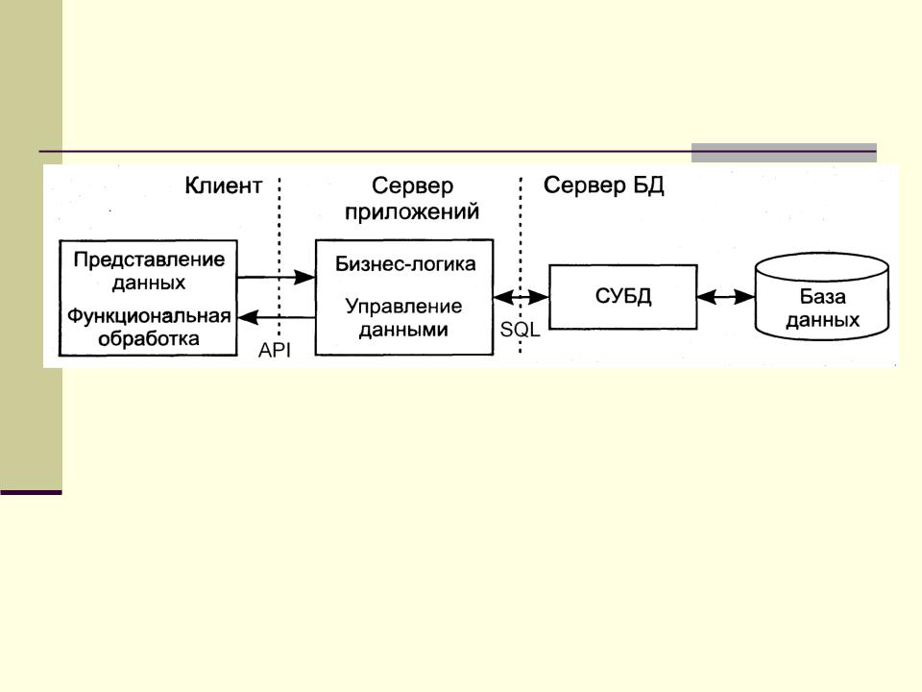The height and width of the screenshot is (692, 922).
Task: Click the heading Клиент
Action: (223, 186)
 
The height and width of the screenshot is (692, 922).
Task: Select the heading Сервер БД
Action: (603, 185)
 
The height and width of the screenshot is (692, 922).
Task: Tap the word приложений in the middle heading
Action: (412, 211)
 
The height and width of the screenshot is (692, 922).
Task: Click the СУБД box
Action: (622, 296)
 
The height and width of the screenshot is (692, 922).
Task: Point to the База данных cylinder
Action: (822, 298)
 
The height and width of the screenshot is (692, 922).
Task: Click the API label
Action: (274, 351)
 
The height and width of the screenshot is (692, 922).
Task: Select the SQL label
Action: (521, 329)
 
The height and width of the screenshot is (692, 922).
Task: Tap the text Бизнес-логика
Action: (405, 262)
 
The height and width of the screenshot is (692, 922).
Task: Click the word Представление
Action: (149, 259)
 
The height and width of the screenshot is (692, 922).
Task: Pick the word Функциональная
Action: (149, 316)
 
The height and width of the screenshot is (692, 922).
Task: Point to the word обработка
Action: (148, 338)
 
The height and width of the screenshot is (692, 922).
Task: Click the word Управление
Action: (403, 307)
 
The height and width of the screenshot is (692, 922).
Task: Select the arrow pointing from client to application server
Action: (277, 277)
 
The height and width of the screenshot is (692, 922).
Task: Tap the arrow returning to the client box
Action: (277, 318)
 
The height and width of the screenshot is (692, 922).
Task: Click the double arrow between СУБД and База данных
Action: (726, 297)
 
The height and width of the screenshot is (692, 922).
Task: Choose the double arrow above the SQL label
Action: (521, 298)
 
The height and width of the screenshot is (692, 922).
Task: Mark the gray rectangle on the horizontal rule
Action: (784, 153)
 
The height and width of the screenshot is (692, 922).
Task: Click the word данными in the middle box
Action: (403, 329)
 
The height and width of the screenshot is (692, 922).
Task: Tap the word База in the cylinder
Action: (822, 297)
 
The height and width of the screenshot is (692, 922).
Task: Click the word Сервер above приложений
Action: (412, 186)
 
